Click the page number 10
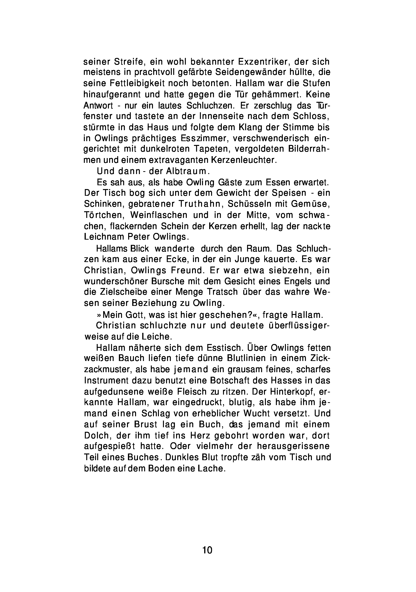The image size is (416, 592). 207,550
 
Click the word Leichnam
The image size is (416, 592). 103,237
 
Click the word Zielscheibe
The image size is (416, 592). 120,292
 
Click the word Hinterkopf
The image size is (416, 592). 295,391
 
